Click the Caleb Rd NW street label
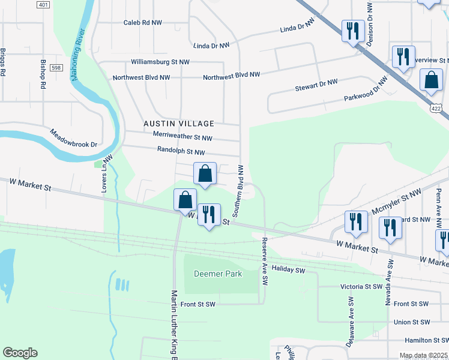(x=143, y=22)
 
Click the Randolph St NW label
(x=181, y=152)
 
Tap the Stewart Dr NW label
(x=316, y=88)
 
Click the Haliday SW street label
(x=288, y=270)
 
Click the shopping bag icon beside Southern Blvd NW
(x=205, y=173)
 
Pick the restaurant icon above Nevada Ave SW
(x=390, y=228)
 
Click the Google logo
(x=20, y=353)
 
